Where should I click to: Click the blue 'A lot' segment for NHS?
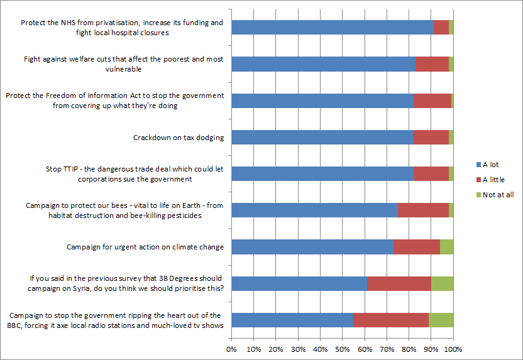[333, 27]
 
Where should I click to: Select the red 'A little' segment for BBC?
[390, 320]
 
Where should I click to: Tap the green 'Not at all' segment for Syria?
[442, 283]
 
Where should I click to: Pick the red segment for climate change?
[416, 247]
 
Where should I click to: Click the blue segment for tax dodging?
[322, 137]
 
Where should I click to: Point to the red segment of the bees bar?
[423, 210]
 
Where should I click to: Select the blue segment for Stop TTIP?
[322, 173]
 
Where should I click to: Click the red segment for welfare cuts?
[432, 64]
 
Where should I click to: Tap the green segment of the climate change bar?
[446, 247]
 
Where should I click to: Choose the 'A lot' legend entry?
[490, 165]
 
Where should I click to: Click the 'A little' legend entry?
[493, 180]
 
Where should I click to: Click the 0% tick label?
[231, 349]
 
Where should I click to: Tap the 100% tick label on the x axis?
[453, 349]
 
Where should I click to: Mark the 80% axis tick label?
[409, 349]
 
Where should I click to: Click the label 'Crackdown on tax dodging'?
[179, 138]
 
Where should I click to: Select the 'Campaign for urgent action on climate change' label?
[145, 247]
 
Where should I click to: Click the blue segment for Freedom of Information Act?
[322, 101]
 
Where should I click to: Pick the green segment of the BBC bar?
[441, 320]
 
